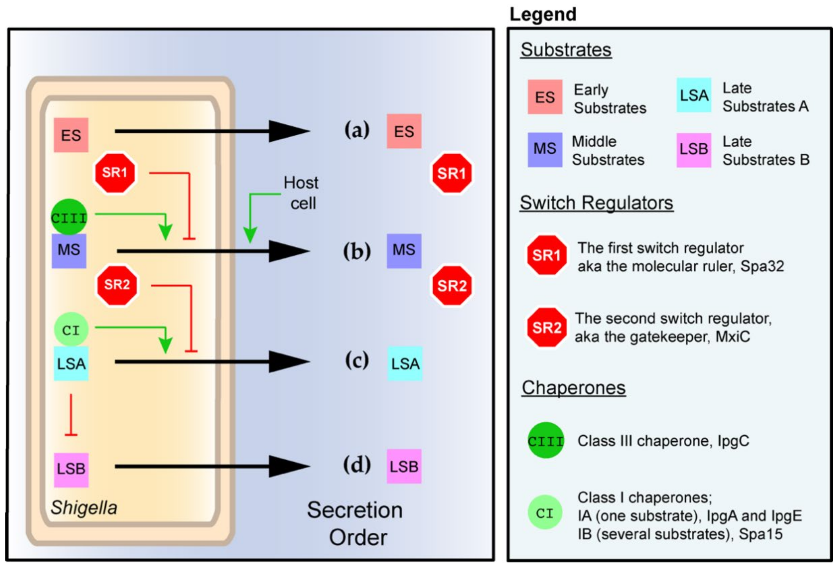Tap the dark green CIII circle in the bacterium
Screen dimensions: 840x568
[x=69, y=217]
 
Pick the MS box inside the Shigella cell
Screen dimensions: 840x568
[x=69, y=251]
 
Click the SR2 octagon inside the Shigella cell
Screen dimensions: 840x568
[x=117, y=285]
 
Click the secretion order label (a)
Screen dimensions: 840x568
[x=357, y=130]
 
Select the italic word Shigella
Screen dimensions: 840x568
[x=84, y=508]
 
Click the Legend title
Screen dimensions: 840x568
[x=543, y=14]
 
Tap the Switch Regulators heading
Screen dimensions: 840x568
[x=596, y=203]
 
